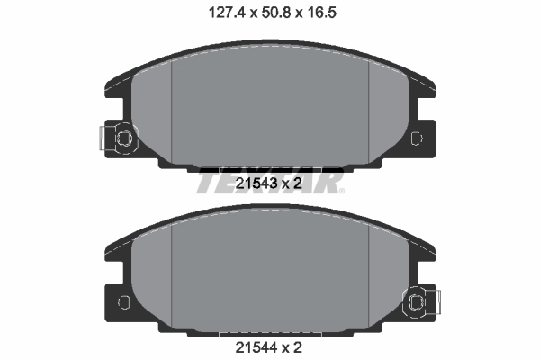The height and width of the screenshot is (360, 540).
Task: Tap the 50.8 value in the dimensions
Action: click(x=268, y=13)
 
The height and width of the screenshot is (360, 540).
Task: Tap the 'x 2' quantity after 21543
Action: click(x=293, y=184)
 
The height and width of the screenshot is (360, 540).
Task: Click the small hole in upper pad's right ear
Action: click(x=416, y=139)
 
